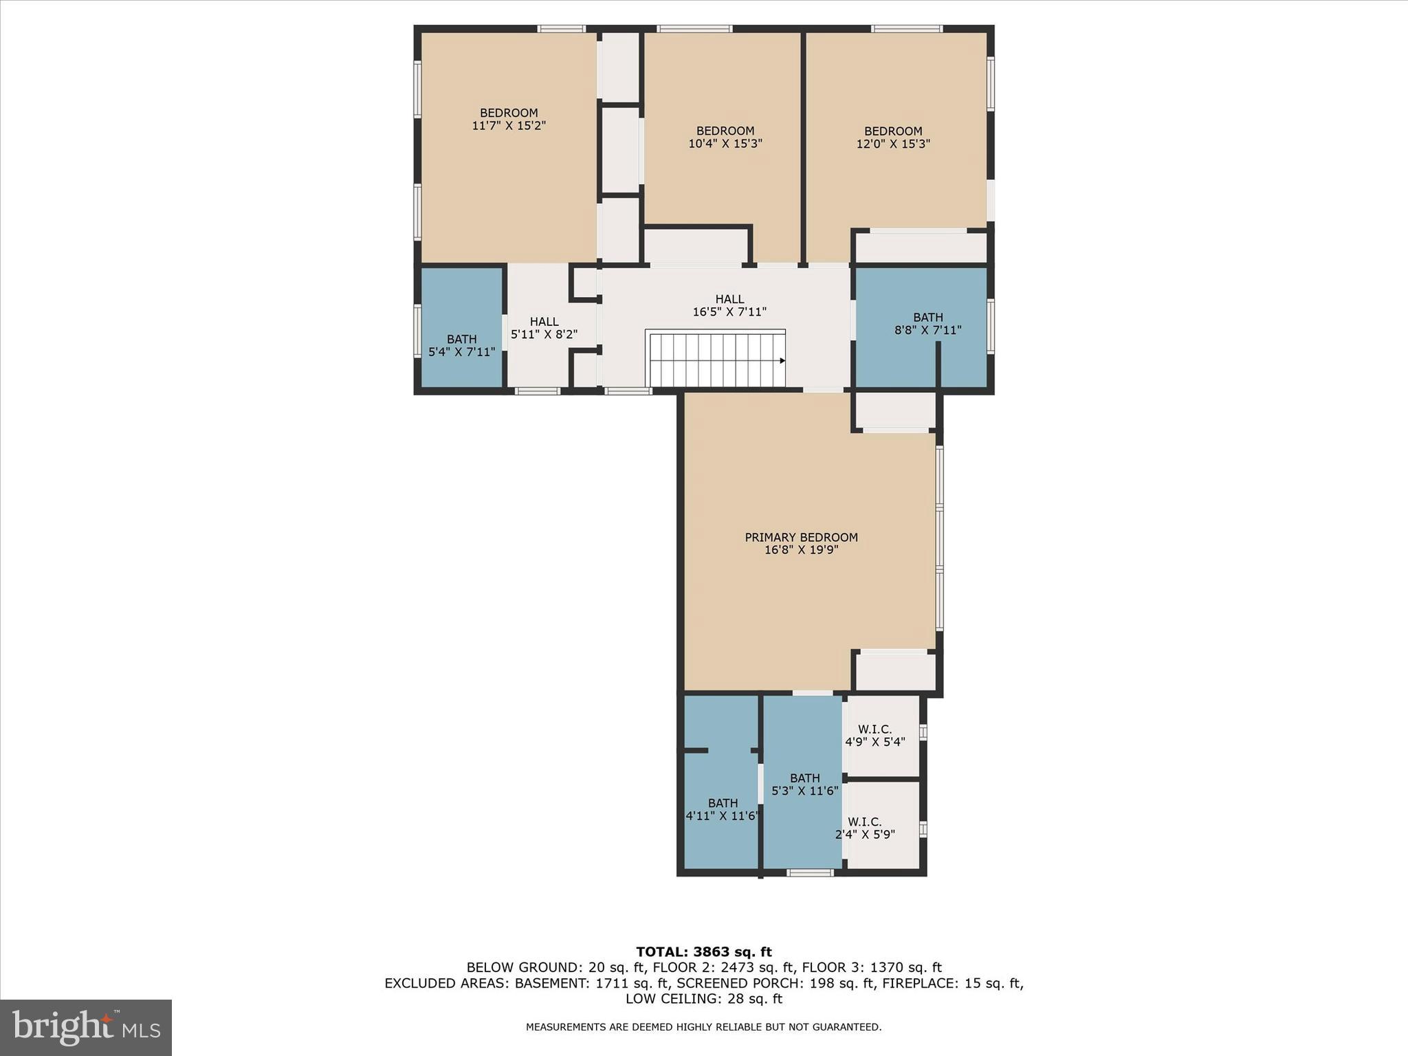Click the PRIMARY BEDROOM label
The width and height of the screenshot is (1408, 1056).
coord(801,537)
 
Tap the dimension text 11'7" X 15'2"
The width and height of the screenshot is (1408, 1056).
coord(509,126)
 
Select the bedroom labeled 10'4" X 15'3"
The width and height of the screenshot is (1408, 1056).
coord(725,137)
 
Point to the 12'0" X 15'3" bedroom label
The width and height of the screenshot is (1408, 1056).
coord(893,137)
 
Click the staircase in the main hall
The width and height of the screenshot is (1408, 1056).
coord(715,360)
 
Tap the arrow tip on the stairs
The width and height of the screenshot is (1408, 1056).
coord(782,360)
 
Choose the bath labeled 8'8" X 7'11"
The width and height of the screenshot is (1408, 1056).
coord(927,323)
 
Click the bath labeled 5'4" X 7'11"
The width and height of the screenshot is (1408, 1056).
coord(461,345)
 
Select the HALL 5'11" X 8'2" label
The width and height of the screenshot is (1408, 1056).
coord(544,328)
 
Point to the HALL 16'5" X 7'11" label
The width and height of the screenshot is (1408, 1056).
coord(729,305)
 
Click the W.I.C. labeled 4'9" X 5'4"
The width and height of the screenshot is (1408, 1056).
coord(874,736)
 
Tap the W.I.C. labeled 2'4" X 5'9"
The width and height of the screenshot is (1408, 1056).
coord(864,828)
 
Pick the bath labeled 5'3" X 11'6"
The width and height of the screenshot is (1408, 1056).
coord(804,784)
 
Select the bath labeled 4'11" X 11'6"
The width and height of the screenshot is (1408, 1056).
coord(723,809)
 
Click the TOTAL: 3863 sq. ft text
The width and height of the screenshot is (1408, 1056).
coord(703,951)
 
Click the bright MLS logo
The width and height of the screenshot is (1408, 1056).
coord(86,1027)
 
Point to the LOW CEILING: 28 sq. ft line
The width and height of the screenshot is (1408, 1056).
coord(703,999)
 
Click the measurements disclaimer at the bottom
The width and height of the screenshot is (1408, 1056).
coord(703,1027)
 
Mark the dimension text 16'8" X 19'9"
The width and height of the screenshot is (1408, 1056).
coord(801,550)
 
